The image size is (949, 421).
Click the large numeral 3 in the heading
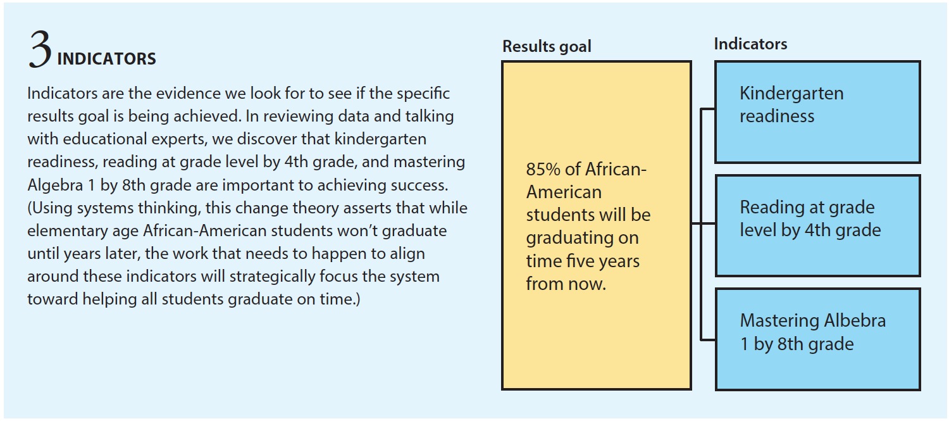(x=40, y=49)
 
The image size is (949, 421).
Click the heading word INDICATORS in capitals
(x=106, y=59)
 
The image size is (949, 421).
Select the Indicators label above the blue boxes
(x=750, y=44)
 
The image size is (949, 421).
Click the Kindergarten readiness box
(x=817, y=112)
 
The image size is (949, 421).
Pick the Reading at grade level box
(x=817, y=225)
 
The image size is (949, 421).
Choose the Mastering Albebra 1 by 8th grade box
(x=817, y=339)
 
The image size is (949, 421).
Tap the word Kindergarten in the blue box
(x=791, y=93)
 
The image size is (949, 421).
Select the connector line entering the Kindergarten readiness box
(x=707, y=109)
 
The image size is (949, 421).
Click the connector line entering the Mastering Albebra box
(x=707, y=339)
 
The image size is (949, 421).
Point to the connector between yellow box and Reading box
(x=704, y=223)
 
